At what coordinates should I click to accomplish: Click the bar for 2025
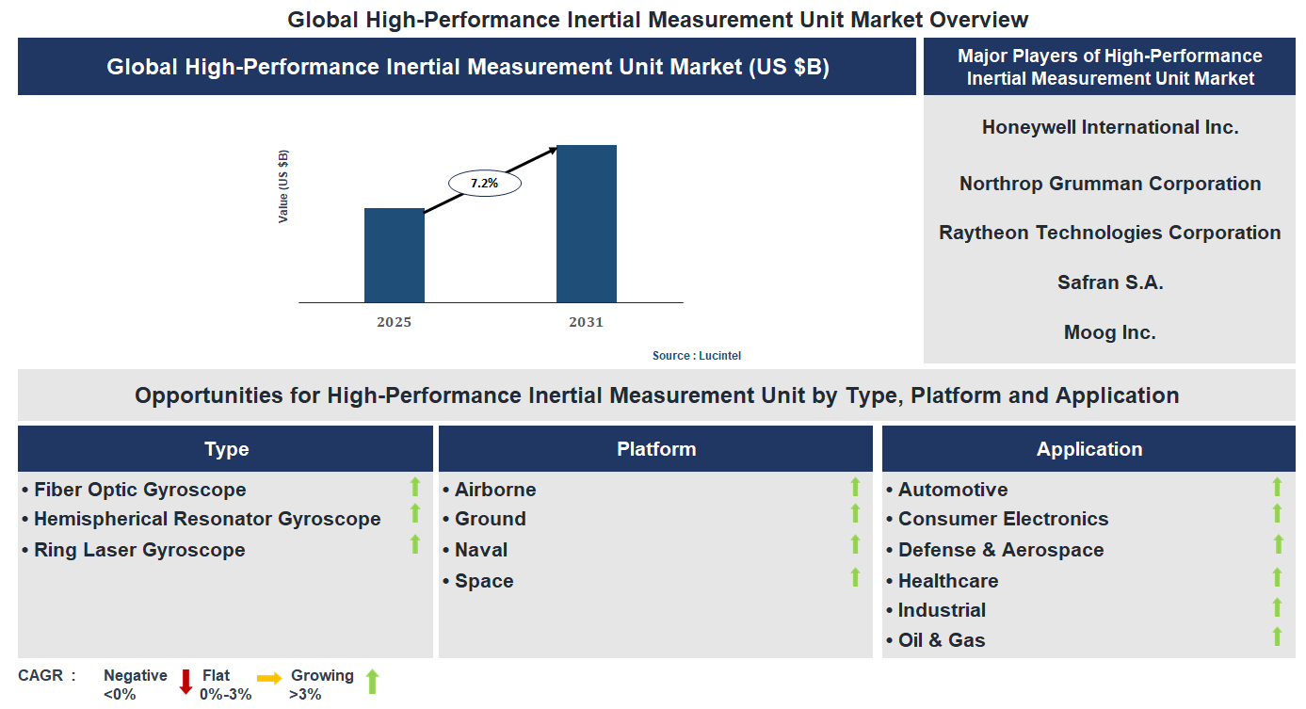394,255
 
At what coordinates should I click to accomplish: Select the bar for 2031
586,224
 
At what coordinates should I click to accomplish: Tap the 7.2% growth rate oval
484,184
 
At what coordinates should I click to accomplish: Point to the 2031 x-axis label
586,322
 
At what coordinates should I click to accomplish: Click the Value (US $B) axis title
283,186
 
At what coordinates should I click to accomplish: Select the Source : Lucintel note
703,356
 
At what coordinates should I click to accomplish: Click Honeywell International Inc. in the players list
1110,127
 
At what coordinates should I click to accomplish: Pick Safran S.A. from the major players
1110,282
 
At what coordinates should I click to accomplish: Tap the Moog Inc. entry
1110,332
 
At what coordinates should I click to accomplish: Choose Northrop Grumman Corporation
1110,184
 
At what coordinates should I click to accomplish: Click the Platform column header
656,449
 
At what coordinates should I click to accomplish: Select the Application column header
1089,449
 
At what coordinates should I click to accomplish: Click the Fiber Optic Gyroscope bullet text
139,490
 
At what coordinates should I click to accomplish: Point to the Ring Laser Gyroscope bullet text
139,550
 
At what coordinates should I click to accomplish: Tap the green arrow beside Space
855,577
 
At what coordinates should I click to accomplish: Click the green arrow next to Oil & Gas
1277,636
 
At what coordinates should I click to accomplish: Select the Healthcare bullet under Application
947,581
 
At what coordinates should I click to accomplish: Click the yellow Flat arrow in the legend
269,678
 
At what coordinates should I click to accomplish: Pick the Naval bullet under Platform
480,550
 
